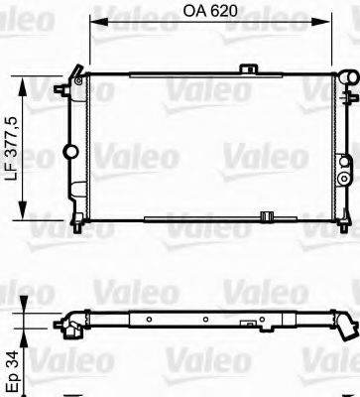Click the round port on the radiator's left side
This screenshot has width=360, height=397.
tap(69, 151)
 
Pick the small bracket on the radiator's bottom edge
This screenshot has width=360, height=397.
tap(239, 215)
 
